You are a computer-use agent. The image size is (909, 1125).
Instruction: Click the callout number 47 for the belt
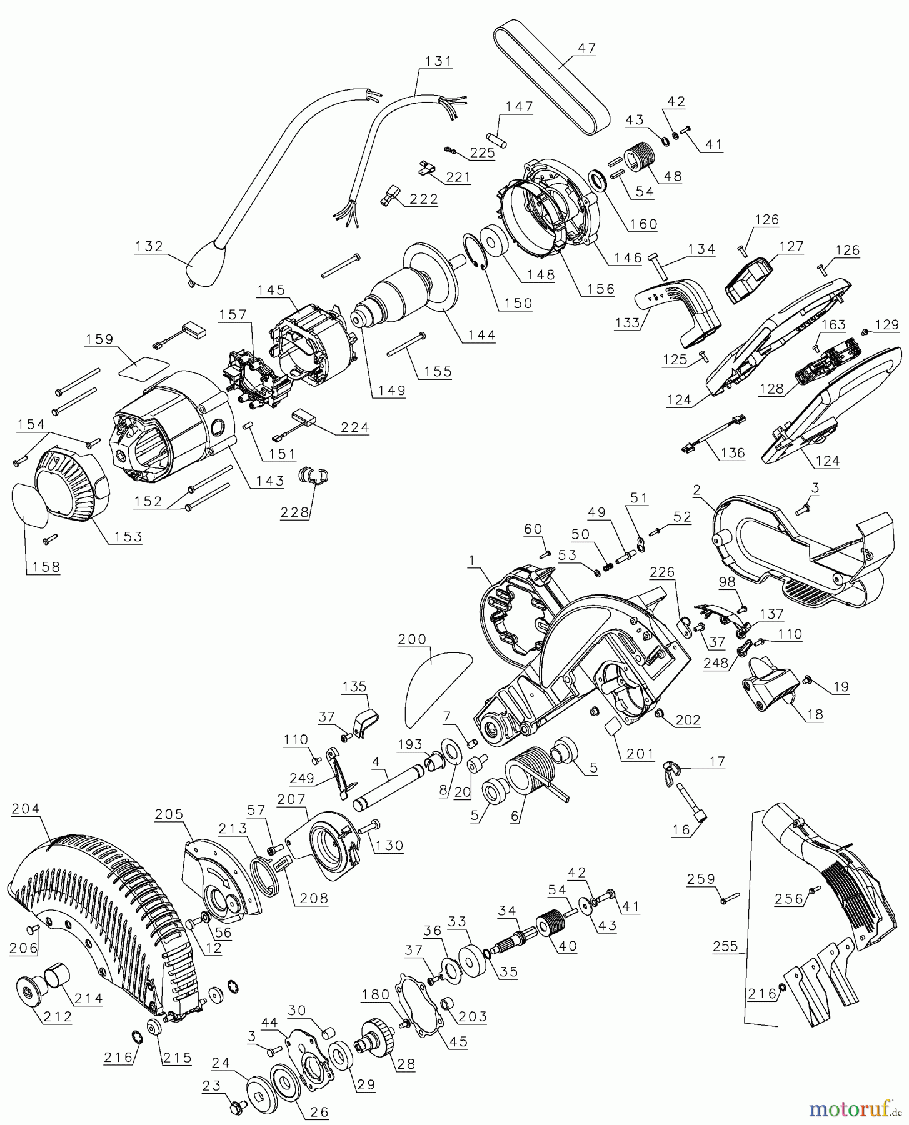(588, 48)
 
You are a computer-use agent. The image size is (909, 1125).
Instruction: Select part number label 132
(149, 246)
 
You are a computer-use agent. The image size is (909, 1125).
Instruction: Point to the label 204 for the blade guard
(26, 808)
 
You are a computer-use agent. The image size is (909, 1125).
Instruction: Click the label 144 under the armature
(481, 335)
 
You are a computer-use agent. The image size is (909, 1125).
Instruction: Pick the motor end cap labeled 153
(69, 484)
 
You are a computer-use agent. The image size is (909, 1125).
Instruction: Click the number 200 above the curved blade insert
(412, 639)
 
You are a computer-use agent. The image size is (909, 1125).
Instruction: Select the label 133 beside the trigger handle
(627, 322)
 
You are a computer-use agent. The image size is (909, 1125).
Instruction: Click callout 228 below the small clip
(294, 512)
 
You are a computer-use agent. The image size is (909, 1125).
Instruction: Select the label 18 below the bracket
(815, 715)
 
